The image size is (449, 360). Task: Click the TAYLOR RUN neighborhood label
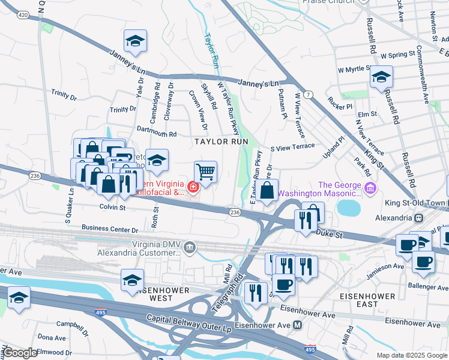point(220,142)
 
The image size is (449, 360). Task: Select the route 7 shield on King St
point(307,95)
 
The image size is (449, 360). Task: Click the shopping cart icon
point(205,172)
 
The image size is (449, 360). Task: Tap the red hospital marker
point(193,188)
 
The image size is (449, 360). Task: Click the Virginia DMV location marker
point(189,247)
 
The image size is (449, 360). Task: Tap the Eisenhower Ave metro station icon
point(297,325)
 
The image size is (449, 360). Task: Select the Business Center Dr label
point(110,229)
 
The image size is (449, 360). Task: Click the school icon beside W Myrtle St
point(381,77)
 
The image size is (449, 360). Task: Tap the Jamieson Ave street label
point(387,266)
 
